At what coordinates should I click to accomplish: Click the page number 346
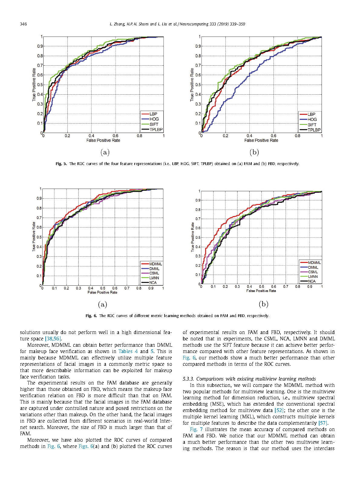click(x=23, y=24)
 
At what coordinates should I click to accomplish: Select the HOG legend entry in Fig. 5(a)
click(x=154, y=119)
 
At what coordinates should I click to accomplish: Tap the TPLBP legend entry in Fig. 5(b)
click(x=314, y=130)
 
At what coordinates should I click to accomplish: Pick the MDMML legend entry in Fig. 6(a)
click(x=155, y=264)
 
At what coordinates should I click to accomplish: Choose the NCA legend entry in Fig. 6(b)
click(x=312, y=281)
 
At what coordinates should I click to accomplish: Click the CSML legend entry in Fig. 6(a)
click(x=154, y=273)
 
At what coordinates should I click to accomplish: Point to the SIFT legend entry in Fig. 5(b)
click(x=312, y=125)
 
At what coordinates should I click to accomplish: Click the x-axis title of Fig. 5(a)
click(x=103, y=141)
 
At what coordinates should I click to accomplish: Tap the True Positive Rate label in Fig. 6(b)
click(x=192, y=237)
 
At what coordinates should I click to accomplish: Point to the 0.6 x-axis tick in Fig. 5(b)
click(x=273, y=136)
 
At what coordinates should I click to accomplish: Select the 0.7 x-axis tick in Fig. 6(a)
click(x=127, y=288)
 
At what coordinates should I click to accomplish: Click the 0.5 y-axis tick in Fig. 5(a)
click(x=40, y=85)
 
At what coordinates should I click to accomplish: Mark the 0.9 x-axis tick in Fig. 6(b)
click(x=310, y=287)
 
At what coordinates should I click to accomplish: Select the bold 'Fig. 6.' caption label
click(x=91, y=316)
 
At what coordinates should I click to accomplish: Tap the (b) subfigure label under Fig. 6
click(x=263, y=304)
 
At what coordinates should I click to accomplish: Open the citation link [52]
click(x=279, y=410)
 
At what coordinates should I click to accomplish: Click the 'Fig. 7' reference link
click(x=196, y=430)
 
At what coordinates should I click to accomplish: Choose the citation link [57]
click(x=323, y=423)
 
